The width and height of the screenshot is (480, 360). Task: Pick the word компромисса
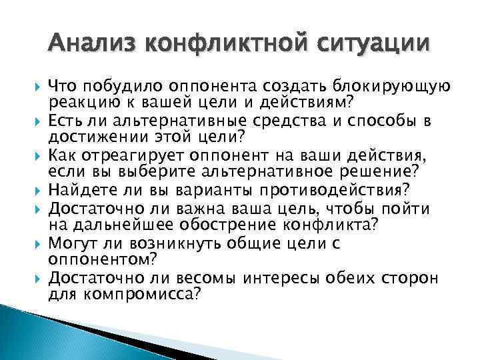[139, 293]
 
